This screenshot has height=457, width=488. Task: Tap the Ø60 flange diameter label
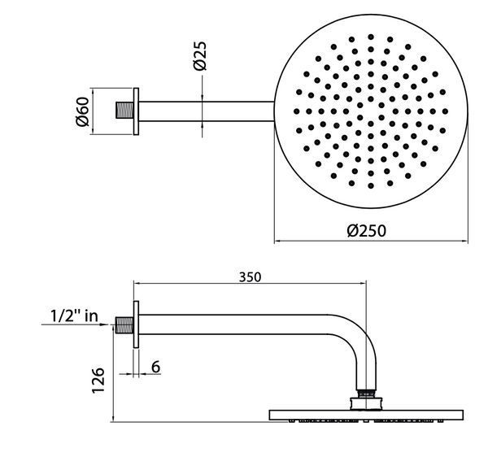click(x=82, y=111)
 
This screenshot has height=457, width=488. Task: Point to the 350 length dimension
click(x=250, y=277)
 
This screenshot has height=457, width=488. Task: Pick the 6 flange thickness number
click(x=155, y=367)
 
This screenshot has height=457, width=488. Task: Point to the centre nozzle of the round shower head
click(x=370, y=111)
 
